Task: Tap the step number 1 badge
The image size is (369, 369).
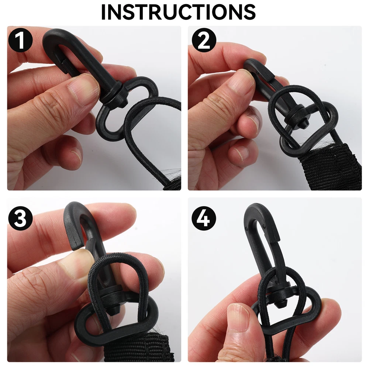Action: coord(20,40)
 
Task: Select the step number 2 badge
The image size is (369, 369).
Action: coord(204,40)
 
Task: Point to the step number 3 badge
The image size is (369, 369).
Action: coord(20,218)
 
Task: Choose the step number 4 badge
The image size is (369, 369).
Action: coord(204,218)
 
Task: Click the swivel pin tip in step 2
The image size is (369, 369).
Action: coord(303,124)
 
